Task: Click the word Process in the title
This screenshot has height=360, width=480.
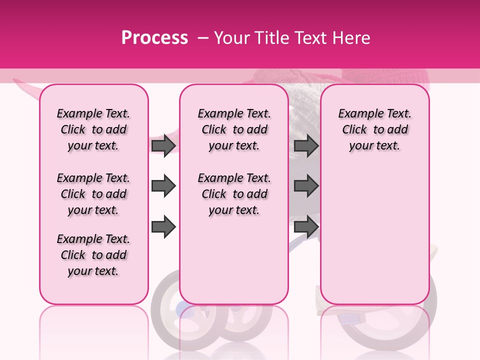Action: tap(154, 37)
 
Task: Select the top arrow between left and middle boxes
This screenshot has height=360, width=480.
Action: tap(163, 145)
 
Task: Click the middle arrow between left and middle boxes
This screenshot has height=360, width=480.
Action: tap(163, 186)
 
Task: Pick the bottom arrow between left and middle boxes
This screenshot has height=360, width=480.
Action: tap(163, 226)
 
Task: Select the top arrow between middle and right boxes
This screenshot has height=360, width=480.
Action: tap(306, 145)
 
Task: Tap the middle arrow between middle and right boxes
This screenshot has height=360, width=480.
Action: tap(306, 186)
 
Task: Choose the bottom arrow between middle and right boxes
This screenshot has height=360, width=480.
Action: tap(306, 226)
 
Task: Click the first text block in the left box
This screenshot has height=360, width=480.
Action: tap(93, 129)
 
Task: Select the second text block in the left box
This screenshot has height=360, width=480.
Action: tap(93, 194)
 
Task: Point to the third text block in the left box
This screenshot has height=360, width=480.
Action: tap(93, 255)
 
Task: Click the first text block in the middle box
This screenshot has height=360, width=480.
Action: tap(234, 129)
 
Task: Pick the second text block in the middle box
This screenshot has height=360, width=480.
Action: tap(234, 194)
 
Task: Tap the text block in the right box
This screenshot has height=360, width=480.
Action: tap(374, 129)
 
